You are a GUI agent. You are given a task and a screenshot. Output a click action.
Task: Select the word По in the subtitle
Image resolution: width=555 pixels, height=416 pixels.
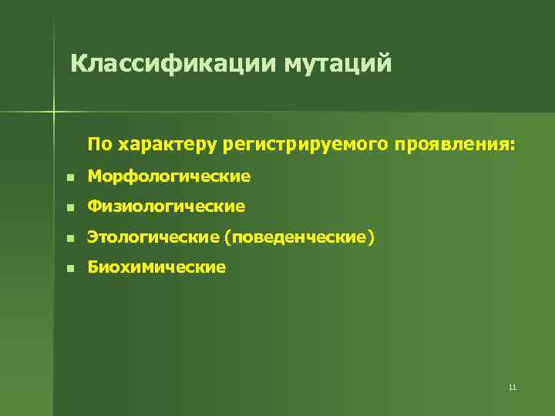99,144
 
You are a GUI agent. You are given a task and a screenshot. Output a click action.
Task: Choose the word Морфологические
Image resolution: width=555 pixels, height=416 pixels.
169,176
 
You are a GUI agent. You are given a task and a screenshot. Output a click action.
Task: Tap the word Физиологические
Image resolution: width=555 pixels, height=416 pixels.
166,206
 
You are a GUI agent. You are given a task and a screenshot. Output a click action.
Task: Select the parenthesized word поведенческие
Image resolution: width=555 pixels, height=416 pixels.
299,237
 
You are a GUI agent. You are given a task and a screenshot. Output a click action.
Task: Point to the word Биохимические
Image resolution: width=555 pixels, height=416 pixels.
156,267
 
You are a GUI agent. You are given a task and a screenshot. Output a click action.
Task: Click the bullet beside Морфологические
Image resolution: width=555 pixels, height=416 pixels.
69,177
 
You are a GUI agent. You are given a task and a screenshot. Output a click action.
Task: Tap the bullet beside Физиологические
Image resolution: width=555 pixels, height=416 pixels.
69,207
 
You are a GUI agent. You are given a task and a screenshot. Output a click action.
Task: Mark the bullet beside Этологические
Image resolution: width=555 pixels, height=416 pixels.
69,238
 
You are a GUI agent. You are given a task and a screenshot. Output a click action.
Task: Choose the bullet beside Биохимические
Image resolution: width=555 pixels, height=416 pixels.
69,268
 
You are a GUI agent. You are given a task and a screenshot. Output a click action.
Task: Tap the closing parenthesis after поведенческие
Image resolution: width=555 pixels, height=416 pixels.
372,238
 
